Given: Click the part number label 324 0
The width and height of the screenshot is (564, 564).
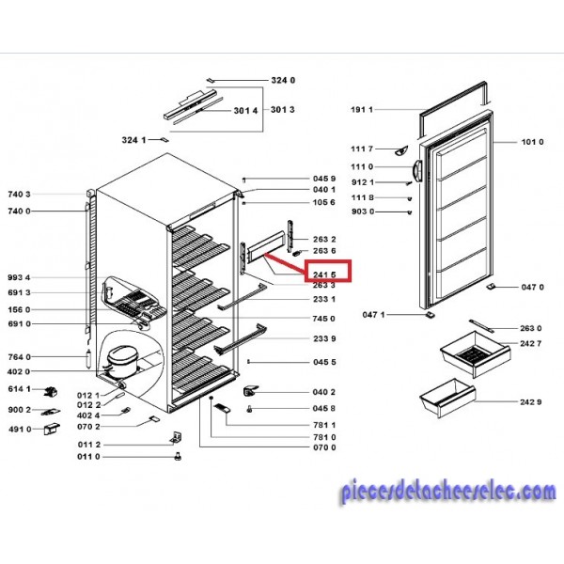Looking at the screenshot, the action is pyautogui.click(x=283, y=80).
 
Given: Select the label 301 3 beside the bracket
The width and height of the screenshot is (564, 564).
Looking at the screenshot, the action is pyautogui.click(x=282, y=109).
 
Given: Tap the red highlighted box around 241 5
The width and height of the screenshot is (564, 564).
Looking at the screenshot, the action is pyautogui.click(x=327, y=270).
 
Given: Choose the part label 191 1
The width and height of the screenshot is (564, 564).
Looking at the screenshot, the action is pyautogui.click(x=362, y=109).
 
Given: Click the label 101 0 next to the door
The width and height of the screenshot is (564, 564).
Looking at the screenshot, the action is pyautogui.click(x=532, y=142).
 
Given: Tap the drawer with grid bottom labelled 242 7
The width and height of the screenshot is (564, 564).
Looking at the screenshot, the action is pyautogui.click(x=475, y=354).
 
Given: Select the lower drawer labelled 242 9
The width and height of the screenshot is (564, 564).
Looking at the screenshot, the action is pyautogui.click(x=447, y=399).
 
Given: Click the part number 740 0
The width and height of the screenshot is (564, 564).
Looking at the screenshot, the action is pyautogui.click(x=19, y=211).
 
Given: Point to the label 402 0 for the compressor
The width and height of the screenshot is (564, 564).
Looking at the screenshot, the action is pyautogui.click(x=19, y=371).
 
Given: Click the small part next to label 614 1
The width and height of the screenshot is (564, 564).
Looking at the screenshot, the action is pyautogui.click(x=51, y=392).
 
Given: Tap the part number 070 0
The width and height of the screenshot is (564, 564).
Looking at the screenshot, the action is pyautogui.click(x=324, y=447).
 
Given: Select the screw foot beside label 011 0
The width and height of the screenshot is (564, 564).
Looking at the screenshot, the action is pyautogui.click(x=178, y=457).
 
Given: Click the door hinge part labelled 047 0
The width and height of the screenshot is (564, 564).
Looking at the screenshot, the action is pyautogui.click(x=491, y=287).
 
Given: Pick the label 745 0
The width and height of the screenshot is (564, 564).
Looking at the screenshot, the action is pyautogui.click(x=323, y=319).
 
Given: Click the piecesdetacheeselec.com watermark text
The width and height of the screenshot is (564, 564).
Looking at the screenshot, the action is pyautogui.click(x=448, y=493).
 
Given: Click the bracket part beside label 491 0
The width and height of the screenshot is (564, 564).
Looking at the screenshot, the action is pyautogui.click(x=52, y=430).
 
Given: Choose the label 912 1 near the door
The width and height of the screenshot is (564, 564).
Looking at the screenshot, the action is pyautogui.click(x=363, y=182).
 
